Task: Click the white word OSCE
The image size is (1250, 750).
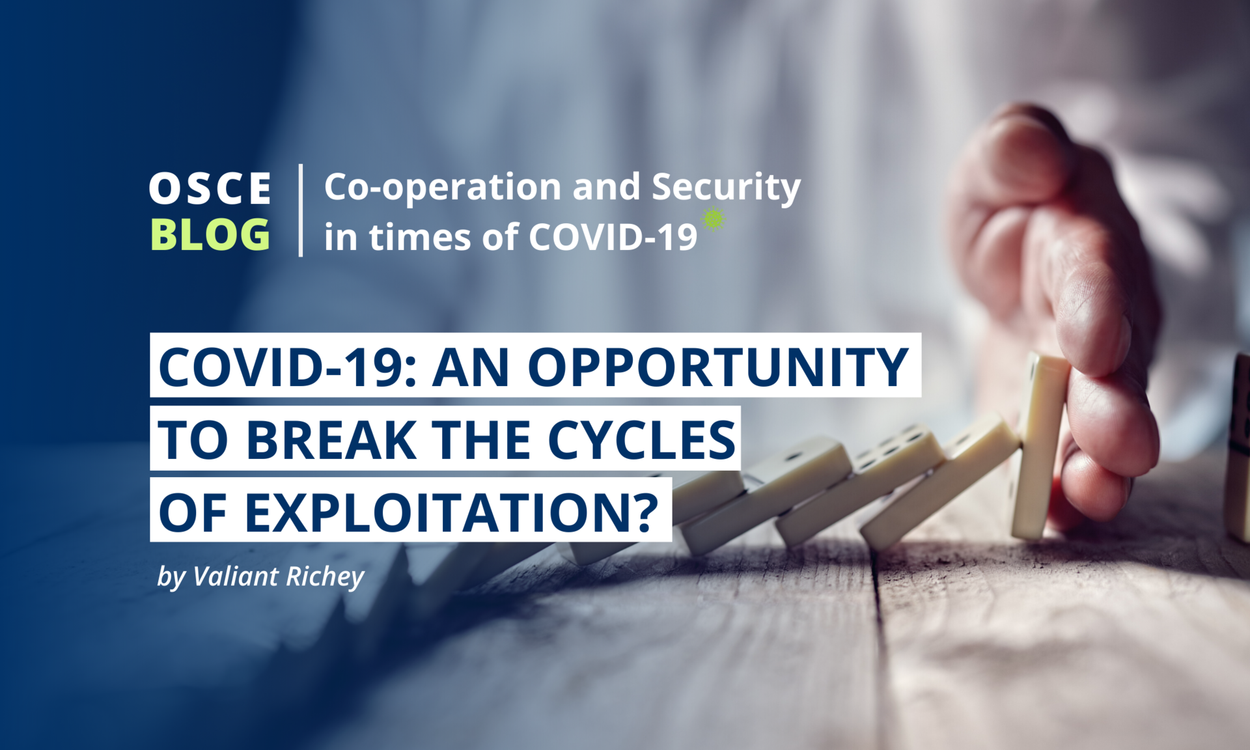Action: pyautogui.click(x=210, y=189)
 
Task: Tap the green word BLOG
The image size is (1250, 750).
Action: pyautogui.click(x=210, y=234)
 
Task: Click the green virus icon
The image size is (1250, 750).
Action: pyautogui.click(x=714, y=219)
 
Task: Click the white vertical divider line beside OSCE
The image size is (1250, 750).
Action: pyautogui.click(x=300, y=210)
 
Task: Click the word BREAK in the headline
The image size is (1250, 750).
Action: pyautogui.click(x=331, y=440)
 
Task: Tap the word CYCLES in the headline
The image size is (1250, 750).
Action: pyautogui.click(x=642, y=440)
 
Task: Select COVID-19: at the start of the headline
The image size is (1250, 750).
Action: pyautogui.click(x=287, y=367)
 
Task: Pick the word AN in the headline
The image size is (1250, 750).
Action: pyautogui.click(x=471, y=367)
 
